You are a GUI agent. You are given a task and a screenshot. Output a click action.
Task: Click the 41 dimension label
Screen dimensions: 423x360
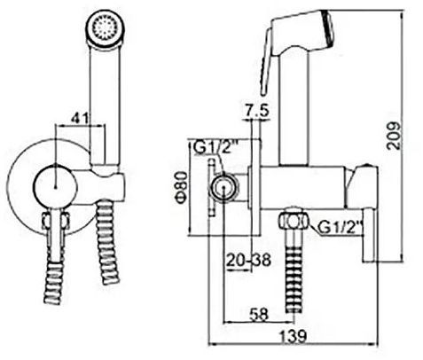pyautogui.click(x=79, y=118)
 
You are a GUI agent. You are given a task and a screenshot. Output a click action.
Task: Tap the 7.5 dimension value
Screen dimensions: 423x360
pyautogui.click(x=256, y=111)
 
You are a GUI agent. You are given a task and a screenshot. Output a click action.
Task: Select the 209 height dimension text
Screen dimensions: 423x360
pyautogui.click(x=395, y=136)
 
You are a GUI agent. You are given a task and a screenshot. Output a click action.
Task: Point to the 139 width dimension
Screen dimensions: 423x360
pyautogui.click(x=293, y=336)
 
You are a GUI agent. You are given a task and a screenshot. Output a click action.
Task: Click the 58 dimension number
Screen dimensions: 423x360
pyautogui.click(x=259, y=314)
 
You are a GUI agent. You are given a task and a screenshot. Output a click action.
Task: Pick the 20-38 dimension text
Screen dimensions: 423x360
pyautogui.click(x=248, y=261)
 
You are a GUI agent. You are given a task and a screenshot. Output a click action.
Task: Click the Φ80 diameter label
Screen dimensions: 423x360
pyautogui.click(x=182, y=188)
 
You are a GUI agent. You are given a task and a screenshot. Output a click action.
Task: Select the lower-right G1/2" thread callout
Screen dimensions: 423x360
pyautogui.click(x=341, y=227)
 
